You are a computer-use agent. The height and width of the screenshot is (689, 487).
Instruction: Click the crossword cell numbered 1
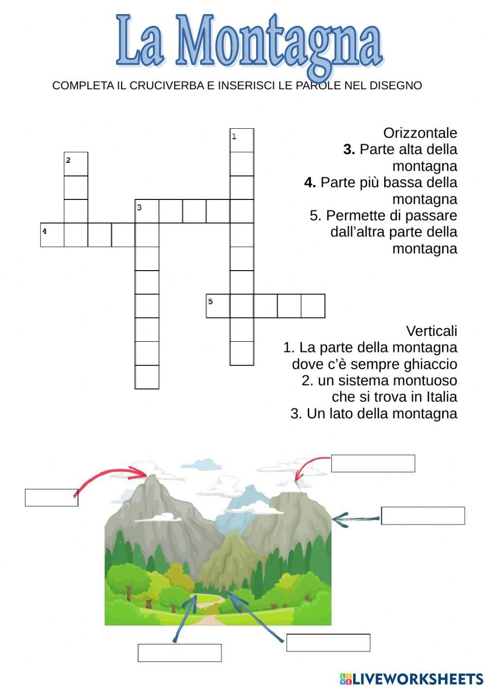pyautogui.click(x=242, y=140)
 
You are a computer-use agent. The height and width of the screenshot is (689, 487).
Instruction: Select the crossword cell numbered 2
pyautogui.click(x=76, y=164)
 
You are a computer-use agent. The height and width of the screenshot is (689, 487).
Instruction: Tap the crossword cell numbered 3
pyautogui.click(x=147, y=211)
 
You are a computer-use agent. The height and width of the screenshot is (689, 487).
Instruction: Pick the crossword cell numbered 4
pyautogui.click(x=52, y=235)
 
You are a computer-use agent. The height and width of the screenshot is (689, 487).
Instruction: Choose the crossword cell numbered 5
pyautogui.click(x=218, y=306)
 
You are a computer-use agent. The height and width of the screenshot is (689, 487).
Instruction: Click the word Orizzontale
pyautogui.click(x=420, y=133)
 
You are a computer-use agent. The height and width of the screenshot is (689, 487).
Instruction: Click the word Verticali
pyautogui.click(x=431, y=331)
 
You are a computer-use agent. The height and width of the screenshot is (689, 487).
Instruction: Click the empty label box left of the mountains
pyautogui.click(x=52, y=497)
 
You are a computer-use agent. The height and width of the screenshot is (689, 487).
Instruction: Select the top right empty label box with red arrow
pyautogui.click(x=373, y=463)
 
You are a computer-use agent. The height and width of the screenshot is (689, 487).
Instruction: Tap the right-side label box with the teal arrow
pyautogui.click(x=423, y=515)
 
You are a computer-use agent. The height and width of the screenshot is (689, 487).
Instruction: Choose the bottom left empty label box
pyautogui.click(x=180, y=652)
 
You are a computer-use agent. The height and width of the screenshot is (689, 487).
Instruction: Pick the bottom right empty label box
pyautogui.click(x=328, y=643)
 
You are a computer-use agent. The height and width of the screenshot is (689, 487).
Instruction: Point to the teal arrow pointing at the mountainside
pyautogui.click(x=356, y=519)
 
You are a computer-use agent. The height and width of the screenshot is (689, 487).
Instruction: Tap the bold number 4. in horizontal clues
pyautogui.click(x=310, y=182)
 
